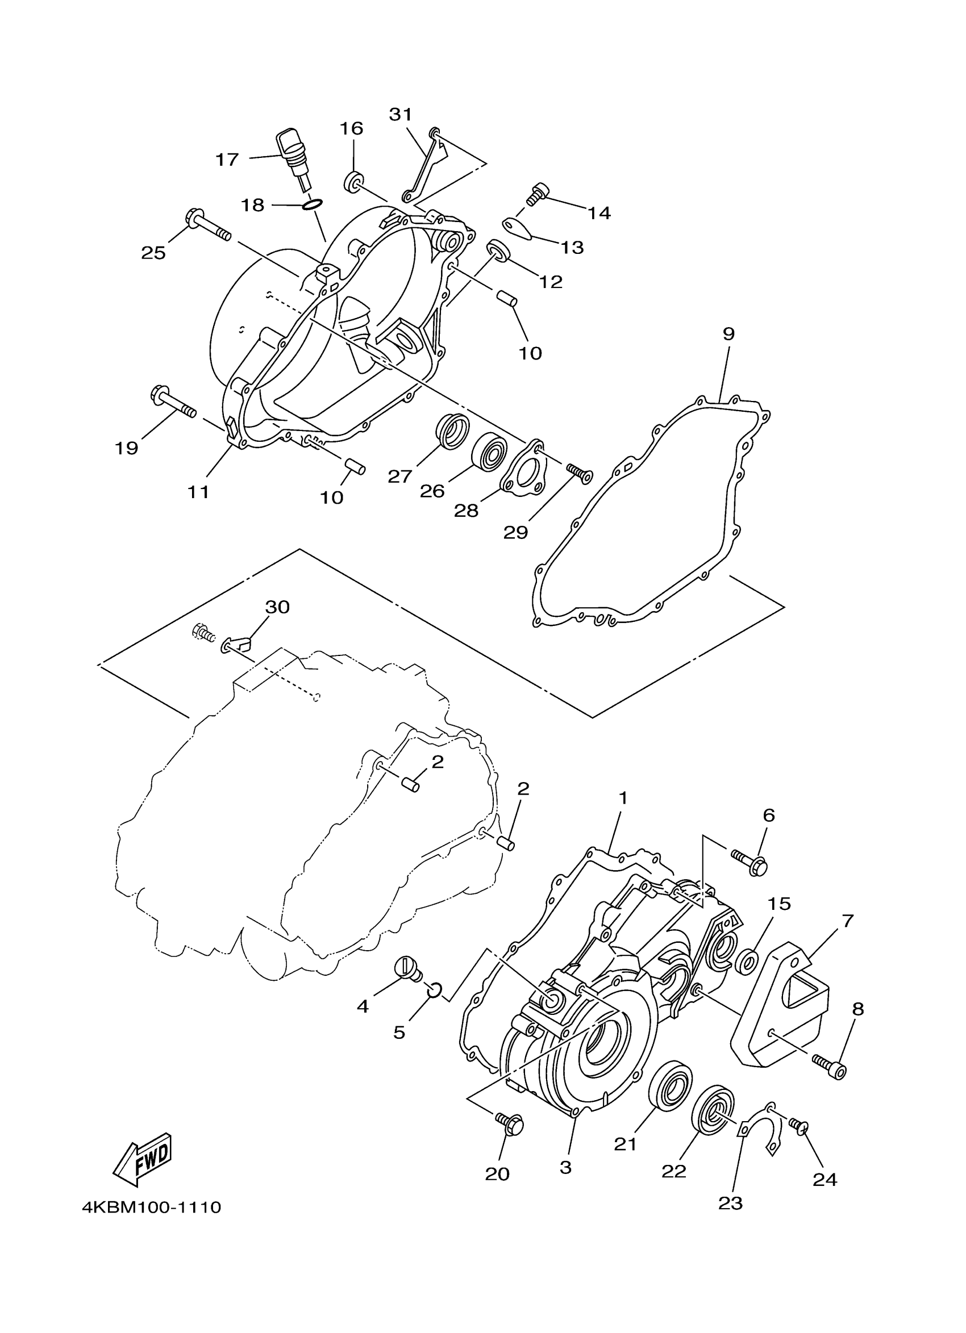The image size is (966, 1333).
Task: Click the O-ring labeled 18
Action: (x=312, y=204)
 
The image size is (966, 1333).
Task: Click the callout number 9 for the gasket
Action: (x=728, y=334)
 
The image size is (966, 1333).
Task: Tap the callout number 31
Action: (x=401, y=114)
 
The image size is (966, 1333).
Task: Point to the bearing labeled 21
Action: (x=671, y=1086)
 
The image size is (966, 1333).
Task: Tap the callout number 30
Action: (x=277, y=607)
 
